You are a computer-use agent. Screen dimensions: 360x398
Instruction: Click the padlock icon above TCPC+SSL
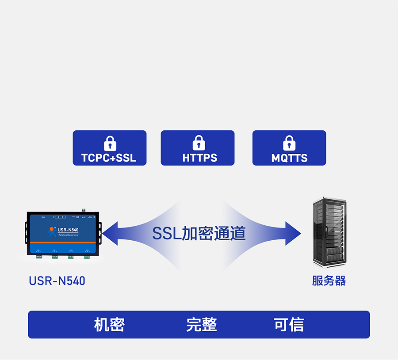[110, 143]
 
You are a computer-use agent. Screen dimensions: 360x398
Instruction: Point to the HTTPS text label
[199, 158]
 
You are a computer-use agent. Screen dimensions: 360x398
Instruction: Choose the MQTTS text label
[289, 158]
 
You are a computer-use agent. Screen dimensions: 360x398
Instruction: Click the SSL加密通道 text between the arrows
[199, 233]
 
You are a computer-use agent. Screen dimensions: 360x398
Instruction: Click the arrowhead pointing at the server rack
[292, 233]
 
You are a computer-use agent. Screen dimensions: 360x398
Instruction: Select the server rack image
[329, 232]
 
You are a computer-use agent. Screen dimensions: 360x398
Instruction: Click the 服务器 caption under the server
[329, 280]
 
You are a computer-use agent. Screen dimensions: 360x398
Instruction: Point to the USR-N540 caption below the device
[57, 280]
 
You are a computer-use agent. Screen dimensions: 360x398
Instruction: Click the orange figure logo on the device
[52, 231]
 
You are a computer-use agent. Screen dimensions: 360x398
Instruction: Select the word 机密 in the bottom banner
[109, 325]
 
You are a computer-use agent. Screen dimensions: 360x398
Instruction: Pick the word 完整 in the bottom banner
[201, 325]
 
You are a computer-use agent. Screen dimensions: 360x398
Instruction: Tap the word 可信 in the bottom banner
[289, 325]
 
